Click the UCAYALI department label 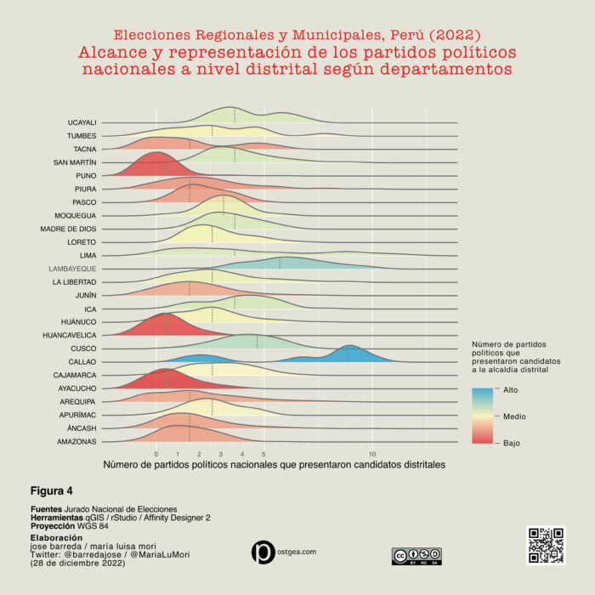point(82,122)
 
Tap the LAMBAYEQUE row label point(72,269)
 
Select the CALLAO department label point(82,361)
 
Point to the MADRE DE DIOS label point(68,229)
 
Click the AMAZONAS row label point(76,441)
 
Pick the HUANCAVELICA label point(70,335)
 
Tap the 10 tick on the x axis point(372,454)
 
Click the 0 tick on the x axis point(156,454)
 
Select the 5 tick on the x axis point(263,454)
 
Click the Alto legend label point(510,390)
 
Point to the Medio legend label point(514,416)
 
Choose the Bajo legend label point(512,443)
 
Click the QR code point(546,546)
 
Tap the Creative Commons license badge point(416,556)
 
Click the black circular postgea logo point(263,552)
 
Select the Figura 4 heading point(52,491)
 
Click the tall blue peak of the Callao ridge point(350,348)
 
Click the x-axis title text point(275,465)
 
